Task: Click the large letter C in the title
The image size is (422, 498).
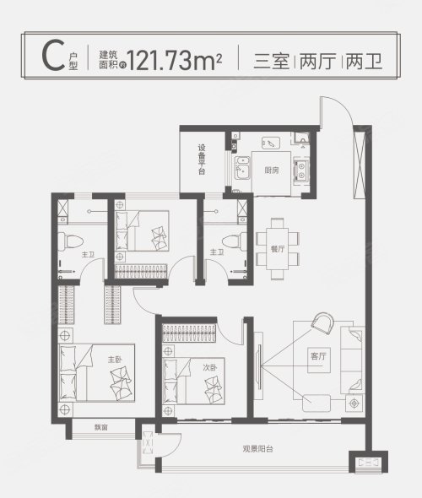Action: (53, 57)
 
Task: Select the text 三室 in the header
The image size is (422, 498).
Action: (271, 62)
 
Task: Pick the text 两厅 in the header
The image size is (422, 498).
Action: (318, 62)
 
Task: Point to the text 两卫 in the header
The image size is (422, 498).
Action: (365, 62)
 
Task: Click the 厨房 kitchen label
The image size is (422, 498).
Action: (272, 171)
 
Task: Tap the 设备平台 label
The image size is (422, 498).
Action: (202, 160)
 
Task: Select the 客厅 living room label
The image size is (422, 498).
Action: (318, 356)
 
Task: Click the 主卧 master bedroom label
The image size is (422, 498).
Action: (115, 360)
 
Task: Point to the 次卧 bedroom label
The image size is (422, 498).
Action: (210, 368)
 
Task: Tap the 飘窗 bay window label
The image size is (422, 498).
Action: (101, 427)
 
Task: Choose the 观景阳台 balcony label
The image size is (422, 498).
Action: (257, 449)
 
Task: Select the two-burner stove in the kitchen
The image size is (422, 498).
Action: (301, 171)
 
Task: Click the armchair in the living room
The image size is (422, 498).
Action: (322, 322)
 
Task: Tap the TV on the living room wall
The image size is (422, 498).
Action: (259, 367)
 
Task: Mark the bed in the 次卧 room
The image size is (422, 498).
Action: (193, 382)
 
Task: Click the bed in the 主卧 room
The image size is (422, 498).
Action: (97, 373)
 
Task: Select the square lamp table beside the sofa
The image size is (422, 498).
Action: (354, 403)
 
